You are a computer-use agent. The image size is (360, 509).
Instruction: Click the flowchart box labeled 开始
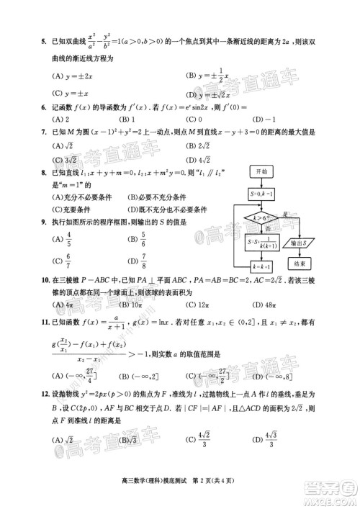coord(260,171)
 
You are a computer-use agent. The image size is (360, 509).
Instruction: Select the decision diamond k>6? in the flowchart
coord(260,217)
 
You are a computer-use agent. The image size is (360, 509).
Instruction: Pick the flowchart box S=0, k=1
coord(260,194)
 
